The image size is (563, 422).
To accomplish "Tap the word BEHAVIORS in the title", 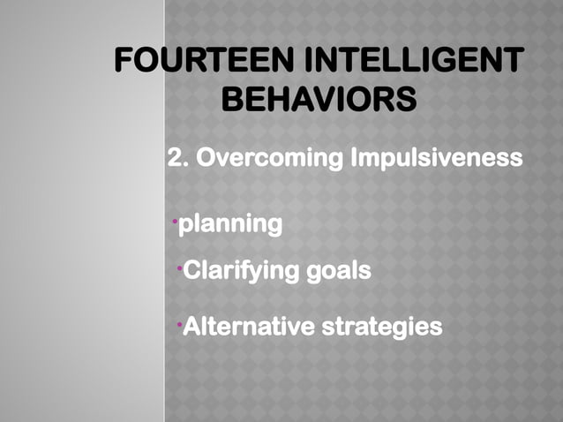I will (x=319, y=99).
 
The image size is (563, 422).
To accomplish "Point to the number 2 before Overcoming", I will (x=175, y=160).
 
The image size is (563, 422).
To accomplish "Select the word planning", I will (x=231, y=225).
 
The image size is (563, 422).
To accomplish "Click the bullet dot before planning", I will (x=175, y=218).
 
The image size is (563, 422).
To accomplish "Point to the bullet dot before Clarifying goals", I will (x=179, y=264).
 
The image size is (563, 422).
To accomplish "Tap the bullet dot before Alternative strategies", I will (x=179, y=322).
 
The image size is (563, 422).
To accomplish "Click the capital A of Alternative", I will (x=190, y=328).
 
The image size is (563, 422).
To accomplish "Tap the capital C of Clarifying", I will (x=191, y=270).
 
